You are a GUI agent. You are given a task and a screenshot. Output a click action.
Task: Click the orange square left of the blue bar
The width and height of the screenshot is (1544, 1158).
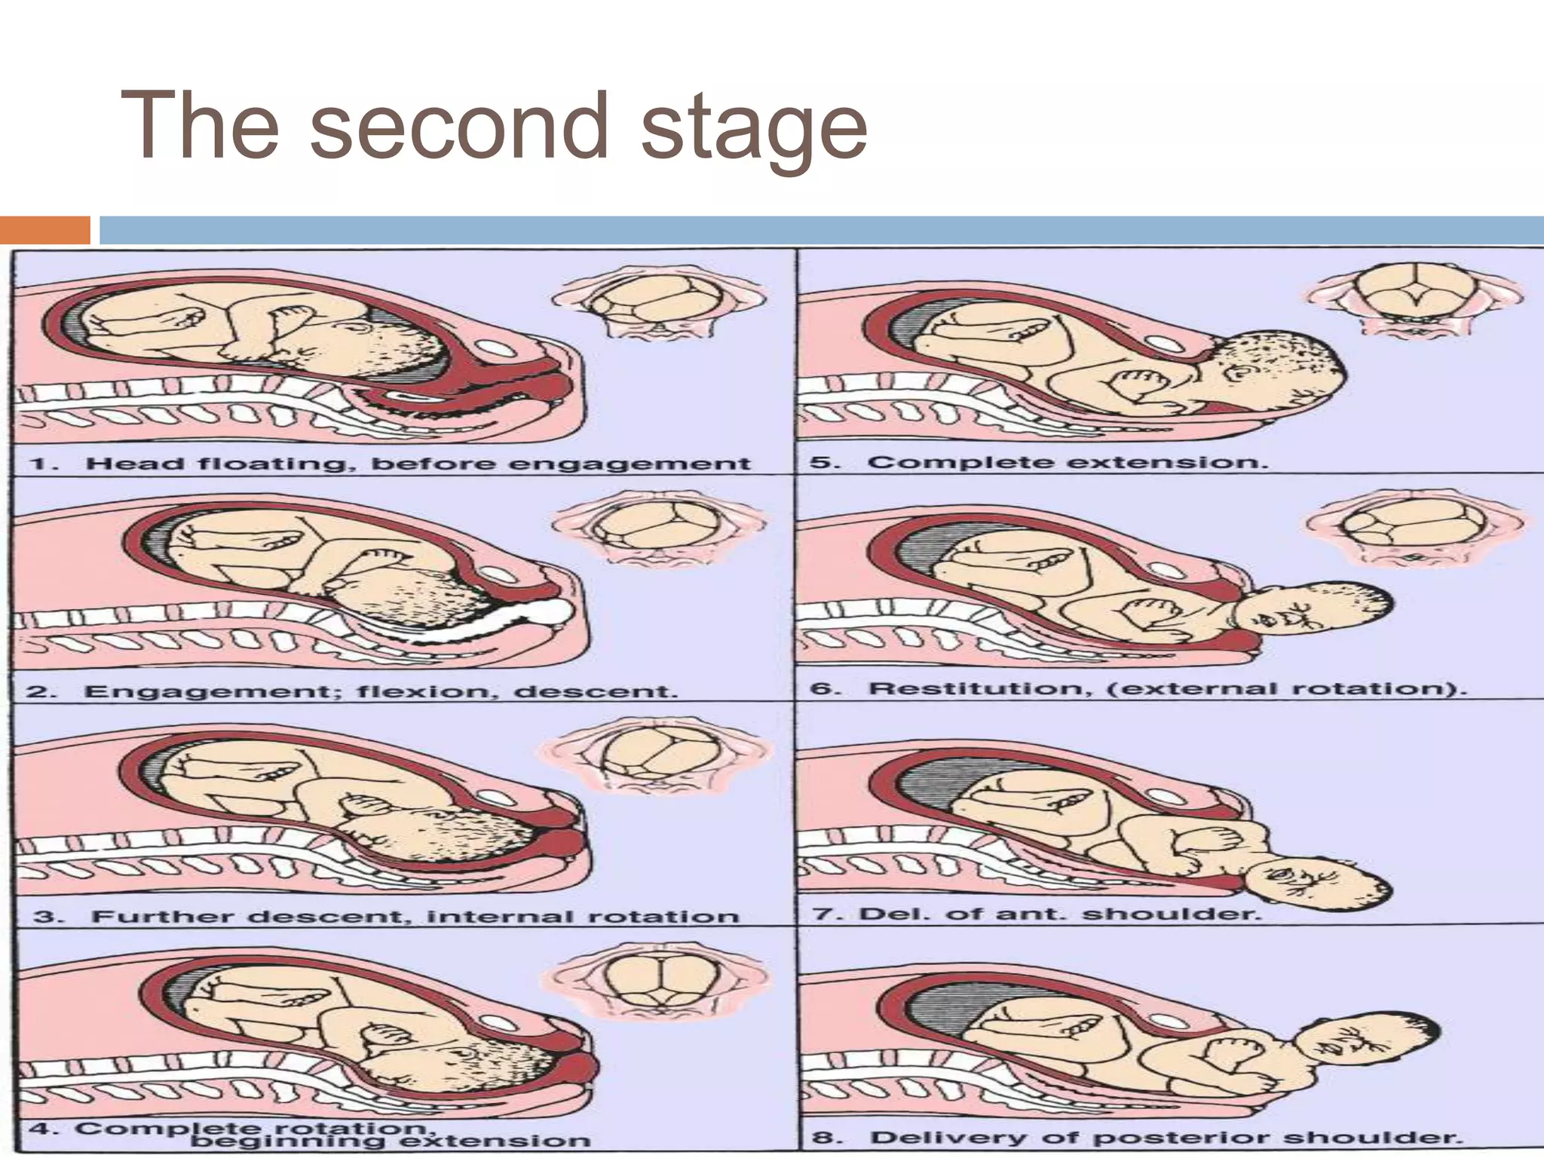(x=44, y=230)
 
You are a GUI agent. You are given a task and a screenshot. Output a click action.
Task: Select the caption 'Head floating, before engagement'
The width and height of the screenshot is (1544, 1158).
(x=418, y=463)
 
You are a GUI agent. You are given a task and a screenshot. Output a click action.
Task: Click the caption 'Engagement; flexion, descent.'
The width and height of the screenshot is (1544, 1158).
(x=381, y=691)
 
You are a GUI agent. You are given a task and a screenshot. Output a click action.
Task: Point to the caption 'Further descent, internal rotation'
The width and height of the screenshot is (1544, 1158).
(x=415, y=917)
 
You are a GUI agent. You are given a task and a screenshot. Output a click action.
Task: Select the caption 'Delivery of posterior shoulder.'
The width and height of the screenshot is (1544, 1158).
(x=1166, y=1137)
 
